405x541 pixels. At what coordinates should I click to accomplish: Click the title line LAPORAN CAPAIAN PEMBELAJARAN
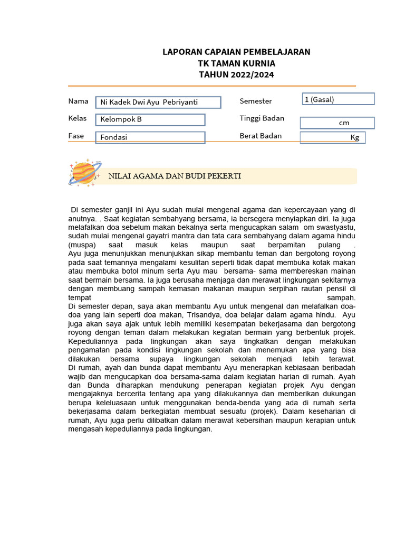236,52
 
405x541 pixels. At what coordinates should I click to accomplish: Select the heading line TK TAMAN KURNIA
236,63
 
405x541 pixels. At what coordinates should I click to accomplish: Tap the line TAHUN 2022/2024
236,74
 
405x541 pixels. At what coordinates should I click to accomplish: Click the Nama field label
78,101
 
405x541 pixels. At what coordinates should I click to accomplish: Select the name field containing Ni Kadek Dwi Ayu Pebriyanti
158,102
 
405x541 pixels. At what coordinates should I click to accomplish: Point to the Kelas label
78,118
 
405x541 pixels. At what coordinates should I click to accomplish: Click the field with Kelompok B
150,119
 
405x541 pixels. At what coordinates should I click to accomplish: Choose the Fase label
76,136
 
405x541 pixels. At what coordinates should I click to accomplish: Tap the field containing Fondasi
150,137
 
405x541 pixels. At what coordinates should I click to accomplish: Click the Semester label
256,101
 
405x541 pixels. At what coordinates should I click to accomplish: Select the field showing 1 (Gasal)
337,99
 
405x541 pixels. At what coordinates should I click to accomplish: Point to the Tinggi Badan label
262,118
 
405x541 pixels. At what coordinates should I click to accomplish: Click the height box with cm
337,123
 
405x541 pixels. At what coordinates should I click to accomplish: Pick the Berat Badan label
261,136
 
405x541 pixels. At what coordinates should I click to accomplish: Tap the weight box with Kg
333,137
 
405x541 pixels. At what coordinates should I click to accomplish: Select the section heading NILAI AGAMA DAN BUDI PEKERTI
175,176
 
